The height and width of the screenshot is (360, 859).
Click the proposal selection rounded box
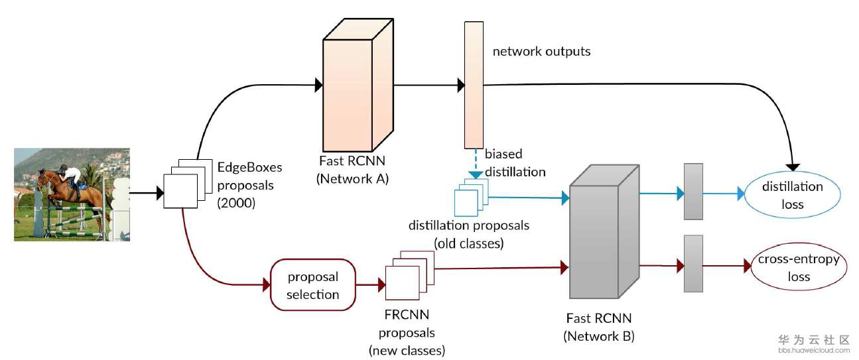coord(313,285)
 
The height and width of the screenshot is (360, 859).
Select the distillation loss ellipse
coord(792,196)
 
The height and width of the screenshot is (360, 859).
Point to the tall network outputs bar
coord(473,85)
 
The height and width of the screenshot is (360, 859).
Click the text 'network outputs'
coord(541,51)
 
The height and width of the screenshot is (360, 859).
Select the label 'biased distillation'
coord(515,163)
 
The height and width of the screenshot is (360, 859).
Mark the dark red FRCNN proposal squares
coord(407,276)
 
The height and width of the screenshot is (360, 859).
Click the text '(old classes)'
coord(468,243)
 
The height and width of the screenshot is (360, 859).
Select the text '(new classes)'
coord(407,349)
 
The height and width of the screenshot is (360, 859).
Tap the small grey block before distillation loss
coord(693,191)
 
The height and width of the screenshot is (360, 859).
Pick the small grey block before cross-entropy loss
coord(693,263)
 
